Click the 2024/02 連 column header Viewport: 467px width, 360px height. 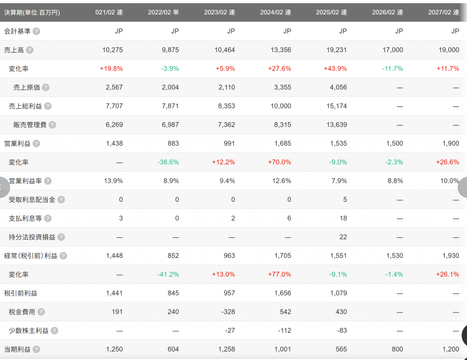click(x=275, y=12)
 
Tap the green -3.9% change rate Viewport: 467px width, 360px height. click(x=170, y=68)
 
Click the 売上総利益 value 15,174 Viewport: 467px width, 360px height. click(x=337, y=106)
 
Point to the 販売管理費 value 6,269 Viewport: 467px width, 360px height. click(x=114, y=125)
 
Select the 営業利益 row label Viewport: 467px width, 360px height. click(x=17, y=143)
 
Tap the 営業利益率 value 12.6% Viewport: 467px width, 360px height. click(x=281, y=181)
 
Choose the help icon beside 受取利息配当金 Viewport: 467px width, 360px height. click(x=61, y=199)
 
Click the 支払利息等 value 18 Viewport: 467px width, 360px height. click(x=343, y=218)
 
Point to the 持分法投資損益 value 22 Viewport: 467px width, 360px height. click(x=343, y=237)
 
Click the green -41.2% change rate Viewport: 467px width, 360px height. click(x=168, y=274)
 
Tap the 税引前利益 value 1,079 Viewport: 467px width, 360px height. click(x=337, y=293)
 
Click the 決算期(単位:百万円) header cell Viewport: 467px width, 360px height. click(x=32, y=12)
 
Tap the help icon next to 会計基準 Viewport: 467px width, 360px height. click(x=36, y=31)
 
